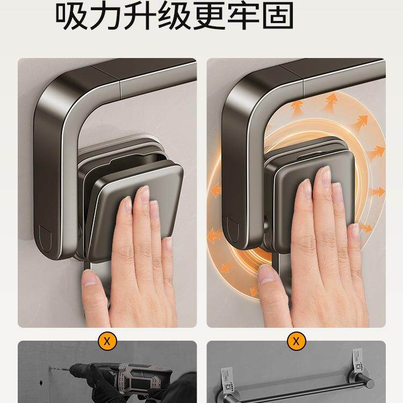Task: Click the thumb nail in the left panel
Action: click(88, 278)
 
